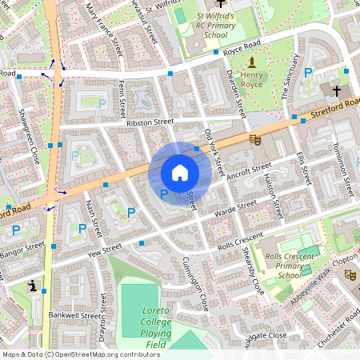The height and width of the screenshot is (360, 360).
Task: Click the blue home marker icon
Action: [180, 173]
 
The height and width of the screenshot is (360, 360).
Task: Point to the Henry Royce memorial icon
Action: [252, 62]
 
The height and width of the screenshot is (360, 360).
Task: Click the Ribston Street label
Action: [149, 122]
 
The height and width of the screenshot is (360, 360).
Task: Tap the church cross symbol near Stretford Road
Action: [336, 90]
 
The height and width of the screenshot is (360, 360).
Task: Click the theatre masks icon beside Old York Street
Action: [256, 139]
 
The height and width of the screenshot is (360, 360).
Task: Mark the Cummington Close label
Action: [194, 285]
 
